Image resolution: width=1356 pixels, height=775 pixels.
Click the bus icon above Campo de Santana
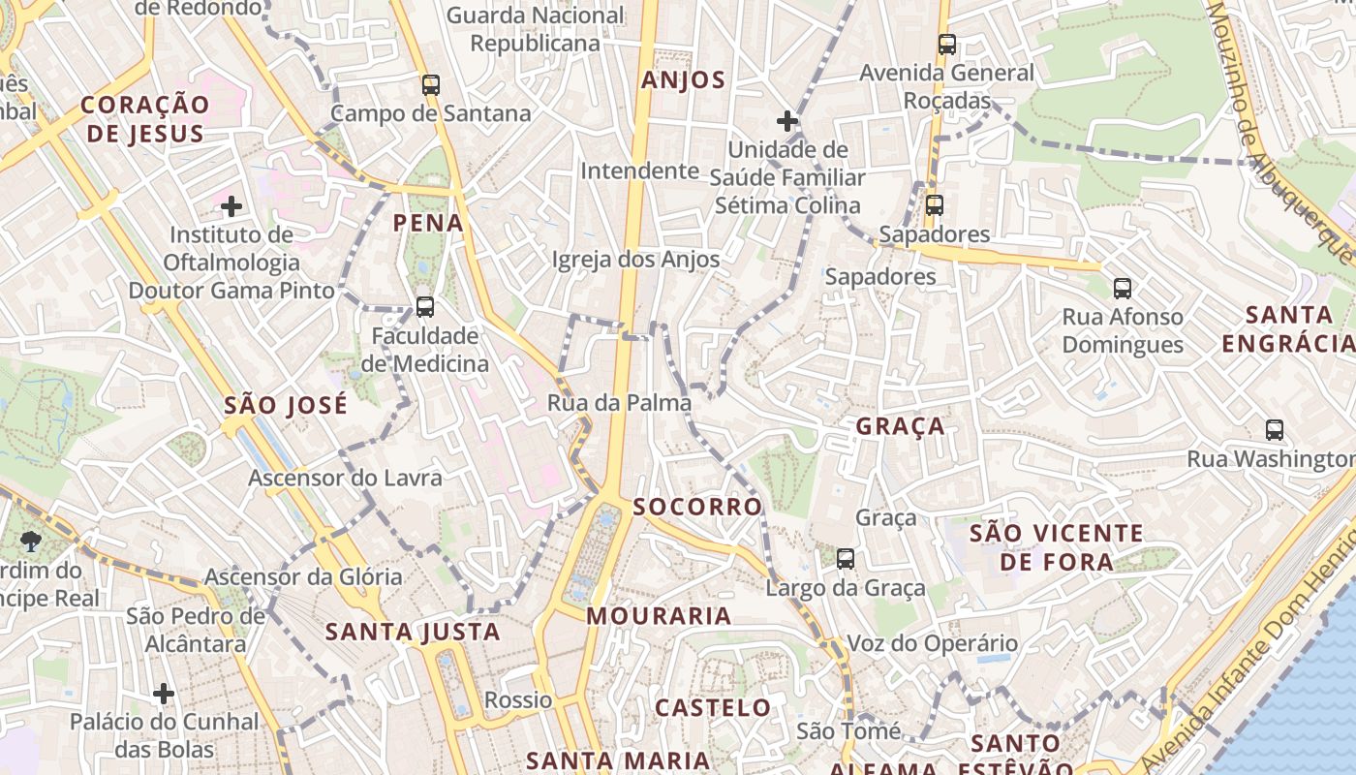431,85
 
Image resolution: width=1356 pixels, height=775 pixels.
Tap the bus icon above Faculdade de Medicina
424,307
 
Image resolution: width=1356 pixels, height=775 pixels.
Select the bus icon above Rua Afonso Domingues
1122,288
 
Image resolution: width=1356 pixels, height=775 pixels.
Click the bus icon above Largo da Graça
846,558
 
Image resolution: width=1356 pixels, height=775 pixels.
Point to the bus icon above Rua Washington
1275,430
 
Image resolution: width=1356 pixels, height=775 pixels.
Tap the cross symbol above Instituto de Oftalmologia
231,205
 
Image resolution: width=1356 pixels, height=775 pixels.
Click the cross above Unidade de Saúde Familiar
787,121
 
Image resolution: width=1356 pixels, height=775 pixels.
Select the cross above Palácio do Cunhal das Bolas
164,694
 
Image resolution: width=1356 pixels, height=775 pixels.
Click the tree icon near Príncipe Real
31,542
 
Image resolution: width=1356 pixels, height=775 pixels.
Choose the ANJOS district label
683,80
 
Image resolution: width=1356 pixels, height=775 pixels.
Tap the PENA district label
428,223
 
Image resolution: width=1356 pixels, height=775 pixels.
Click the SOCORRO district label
697,507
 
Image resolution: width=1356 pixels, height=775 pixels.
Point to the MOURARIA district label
659,615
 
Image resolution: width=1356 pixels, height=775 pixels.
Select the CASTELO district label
713,707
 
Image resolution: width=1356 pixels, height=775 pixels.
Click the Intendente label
639,170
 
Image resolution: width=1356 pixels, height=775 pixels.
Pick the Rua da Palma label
619,402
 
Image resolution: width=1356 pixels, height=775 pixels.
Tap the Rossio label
518,699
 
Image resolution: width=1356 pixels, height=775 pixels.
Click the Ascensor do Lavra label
345,478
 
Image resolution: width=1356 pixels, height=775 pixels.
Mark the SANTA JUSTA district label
413,632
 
